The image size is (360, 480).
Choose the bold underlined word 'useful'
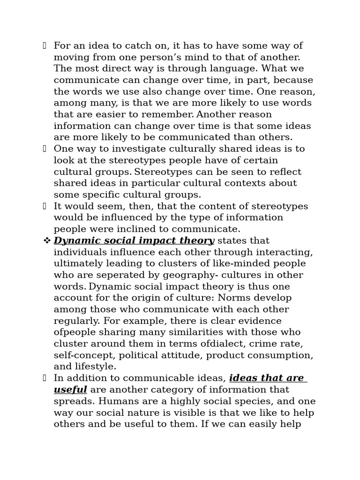click(70, 390)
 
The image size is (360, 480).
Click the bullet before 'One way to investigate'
click(45, 149)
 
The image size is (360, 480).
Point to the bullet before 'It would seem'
click(45, 206)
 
